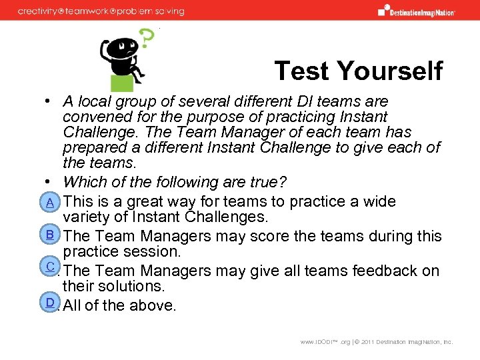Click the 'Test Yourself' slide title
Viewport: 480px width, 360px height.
click(x=358, y=70)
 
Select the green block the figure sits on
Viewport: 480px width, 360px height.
click(x=122, y=83)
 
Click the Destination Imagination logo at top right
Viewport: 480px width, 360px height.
click(x=417, y=10)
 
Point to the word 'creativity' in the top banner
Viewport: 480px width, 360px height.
click(x=41, y=11)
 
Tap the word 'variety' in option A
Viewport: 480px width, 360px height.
click(x=85, y=217)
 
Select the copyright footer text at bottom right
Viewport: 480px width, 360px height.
click(x=377, y=342)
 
